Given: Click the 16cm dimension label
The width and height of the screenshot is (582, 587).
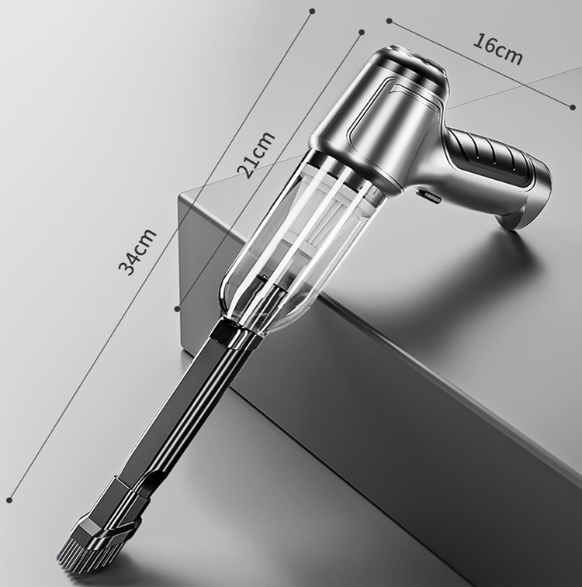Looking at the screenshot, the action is [497, 50].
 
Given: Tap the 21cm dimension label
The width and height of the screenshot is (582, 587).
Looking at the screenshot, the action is [256, 154].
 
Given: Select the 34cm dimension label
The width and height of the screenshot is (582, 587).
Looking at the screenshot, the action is [137, 251].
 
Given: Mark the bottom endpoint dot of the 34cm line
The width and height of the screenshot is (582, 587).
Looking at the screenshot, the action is [10, 500].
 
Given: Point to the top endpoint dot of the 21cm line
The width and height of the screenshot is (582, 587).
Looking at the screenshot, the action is [362, 32].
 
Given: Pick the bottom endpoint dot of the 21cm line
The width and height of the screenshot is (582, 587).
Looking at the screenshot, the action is [178, 309].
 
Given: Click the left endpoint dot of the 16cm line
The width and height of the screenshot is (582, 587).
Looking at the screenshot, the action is [390, 21].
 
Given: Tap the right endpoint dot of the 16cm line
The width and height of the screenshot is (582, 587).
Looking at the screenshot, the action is [572, 108].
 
